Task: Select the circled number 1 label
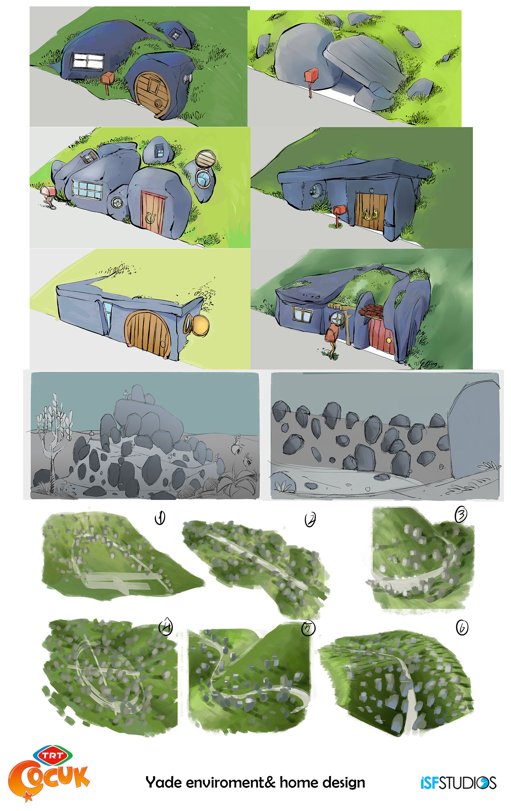pyautogui.click(x=160, y=518)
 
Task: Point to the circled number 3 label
pyautogui.click(x=460, y=514)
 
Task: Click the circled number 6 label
pyautogui.click(x=462, y=627)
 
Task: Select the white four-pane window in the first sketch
pyautogui.click(x=88, y=61)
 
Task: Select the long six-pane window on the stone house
pyautogui.click(x=87, y=189)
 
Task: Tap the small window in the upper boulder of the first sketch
pyautogui.click(x=175, y=33)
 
